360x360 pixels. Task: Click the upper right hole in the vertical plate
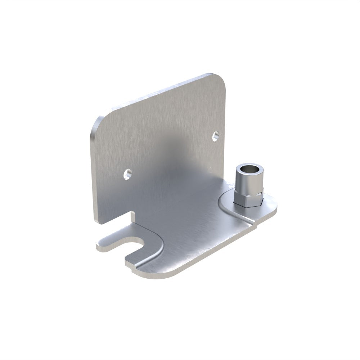(216, 135)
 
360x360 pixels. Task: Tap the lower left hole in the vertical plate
(126, 174)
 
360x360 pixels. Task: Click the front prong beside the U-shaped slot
(135, 261)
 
